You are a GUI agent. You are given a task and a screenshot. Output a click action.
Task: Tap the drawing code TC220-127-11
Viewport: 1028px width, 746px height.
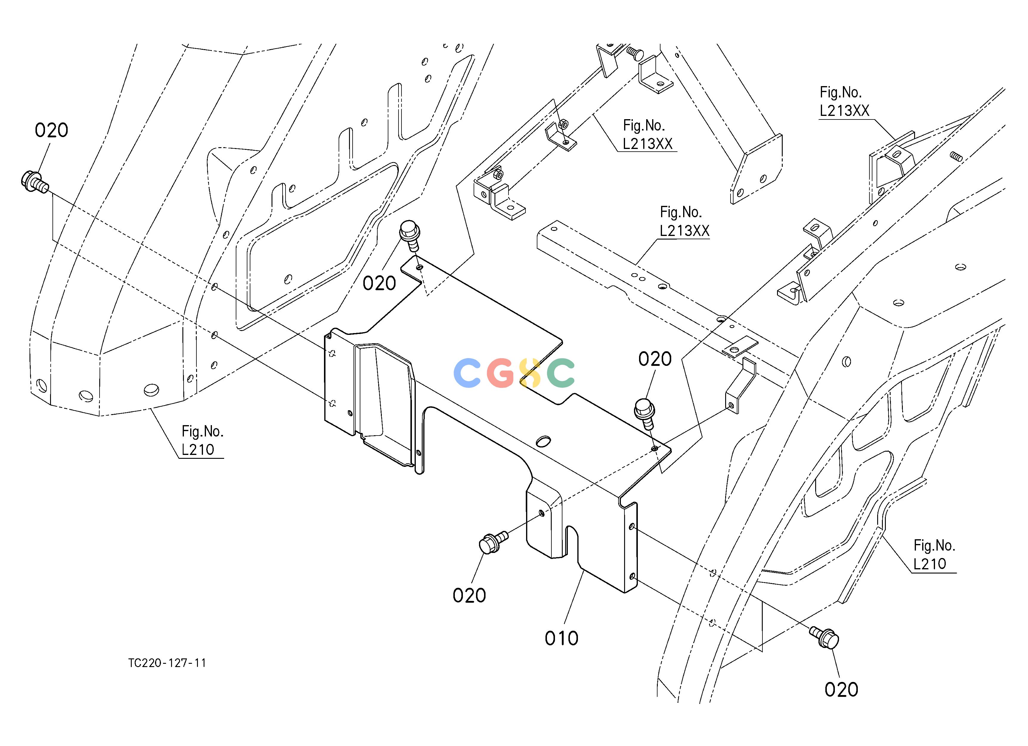[x=167, y=663]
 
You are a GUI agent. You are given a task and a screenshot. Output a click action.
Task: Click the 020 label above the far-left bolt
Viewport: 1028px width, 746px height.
[x=51, y=130]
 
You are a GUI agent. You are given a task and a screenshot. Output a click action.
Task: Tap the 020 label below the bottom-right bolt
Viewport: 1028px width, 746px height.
[x=841, y=690]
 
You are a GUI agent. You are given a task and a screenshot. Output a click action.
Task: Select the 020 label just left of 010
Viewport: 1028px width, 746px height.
[x=469, y=595]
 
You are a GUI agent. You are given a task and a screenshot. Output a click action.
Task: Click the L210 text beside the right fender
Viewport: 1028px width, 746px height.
[x=930, y=564]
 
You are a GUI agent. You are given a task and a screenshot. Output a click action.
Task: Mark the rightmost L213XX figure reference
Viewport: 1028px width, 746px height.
[x=844, y=111]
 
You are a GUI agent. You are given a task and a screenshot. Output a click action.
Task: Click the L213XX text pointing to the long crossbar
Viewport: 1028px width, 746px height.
[x=684, y=231]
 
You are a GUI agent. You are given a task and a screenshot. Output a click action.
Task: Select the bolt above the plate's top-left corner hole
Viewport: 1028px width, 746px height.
[x=409, y=235]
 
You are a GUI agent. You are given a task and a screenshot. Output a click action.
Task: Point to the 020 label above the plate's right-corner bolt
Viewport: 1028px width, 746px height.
[x=655, y=359]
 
